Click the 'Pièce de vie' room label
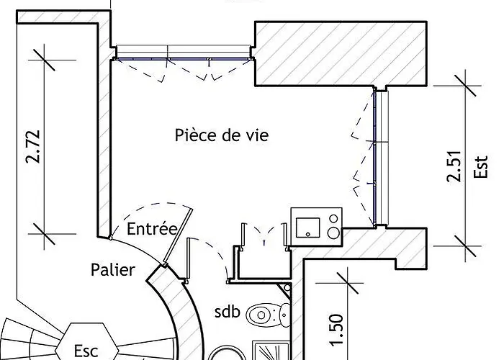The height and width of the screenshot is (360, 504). (221, 135)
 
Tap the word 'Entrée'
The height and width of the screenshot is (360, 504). (151, 230)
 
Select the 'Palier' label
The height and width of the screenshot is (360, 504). (113, 270)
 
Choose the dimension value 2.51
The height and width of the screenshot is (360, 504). (454, 166)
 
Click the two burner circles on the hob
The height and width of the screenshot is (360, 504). (333, 225)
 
